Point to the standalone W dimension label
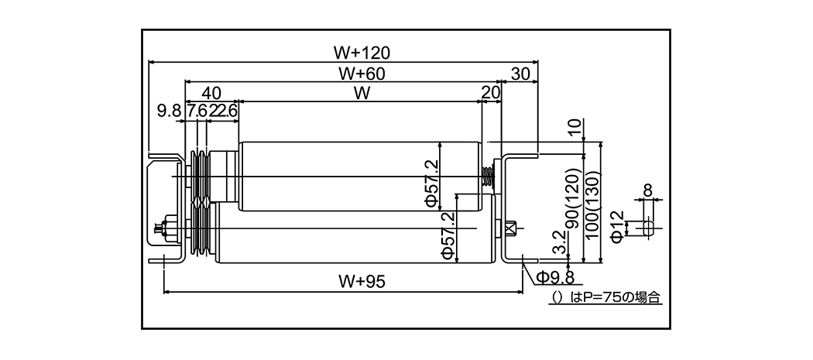coord(360,94)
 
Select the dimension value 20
coord(490,93)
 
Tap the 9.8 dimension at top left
coord(169,111)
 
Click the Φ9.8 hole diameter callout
coord(554,277)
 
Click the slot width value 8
coord(648,188)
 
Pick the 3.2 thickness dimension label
coord(560,246)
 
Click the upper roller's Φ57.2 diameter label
coord(431,183)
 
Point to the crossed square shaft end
coord(509,228)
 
